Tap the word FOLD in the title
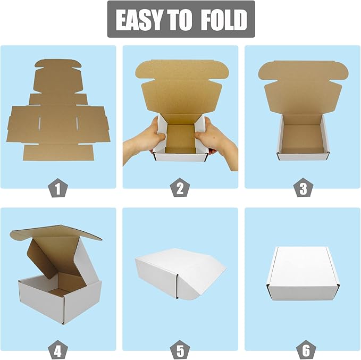click(224, 20)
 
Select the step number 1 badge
click(58, 188)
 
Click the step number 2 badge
click(180, 188)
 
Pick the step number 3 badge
click(303, 188)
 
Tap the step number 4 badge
click(58, 350)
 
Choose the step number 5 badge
click(180, 350)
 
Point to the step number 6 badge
click(303, 350)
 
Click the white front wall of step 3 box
click(303, 155)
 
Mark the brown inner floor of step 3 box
click(302, 137)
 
